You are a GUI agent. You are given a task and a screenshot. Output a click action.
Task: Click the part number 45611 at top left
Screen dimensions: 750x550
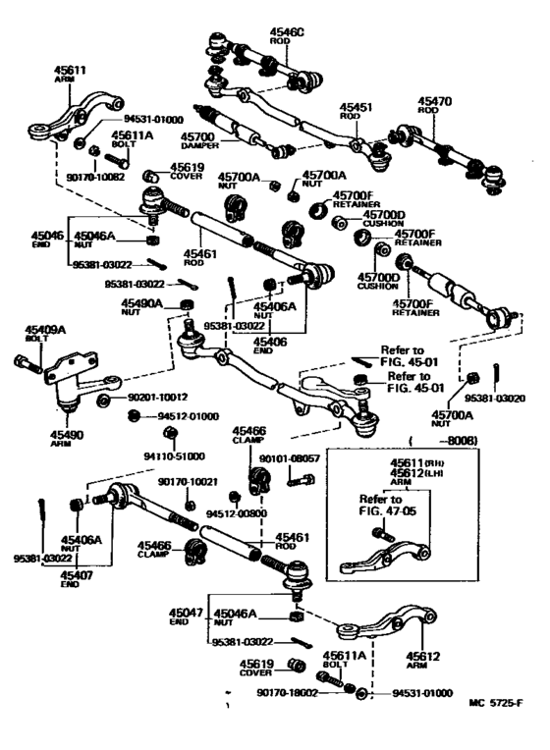74,70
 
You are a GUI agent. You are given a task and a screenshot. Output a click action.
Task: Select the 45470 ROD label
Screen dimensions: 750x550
435,104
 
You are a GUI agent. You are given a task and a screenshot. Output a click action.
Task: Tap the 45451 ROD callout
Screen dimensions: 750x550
357,110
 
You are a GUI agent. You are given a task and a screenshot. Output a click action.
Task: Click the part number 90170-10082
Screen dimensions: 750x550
69,177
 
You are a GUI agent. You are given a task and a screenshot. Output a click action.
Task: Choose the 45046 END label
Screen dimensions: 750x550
46,241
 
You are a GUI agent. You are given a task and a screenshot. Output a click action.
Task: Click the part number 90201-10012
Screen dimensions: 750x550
156,398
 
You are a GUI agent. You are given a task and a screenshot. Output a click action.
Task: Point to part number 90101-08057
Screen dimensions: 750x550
290,458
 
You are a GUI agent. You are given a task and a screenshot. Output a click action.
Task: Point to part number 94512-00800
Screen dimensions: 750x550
236,512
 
